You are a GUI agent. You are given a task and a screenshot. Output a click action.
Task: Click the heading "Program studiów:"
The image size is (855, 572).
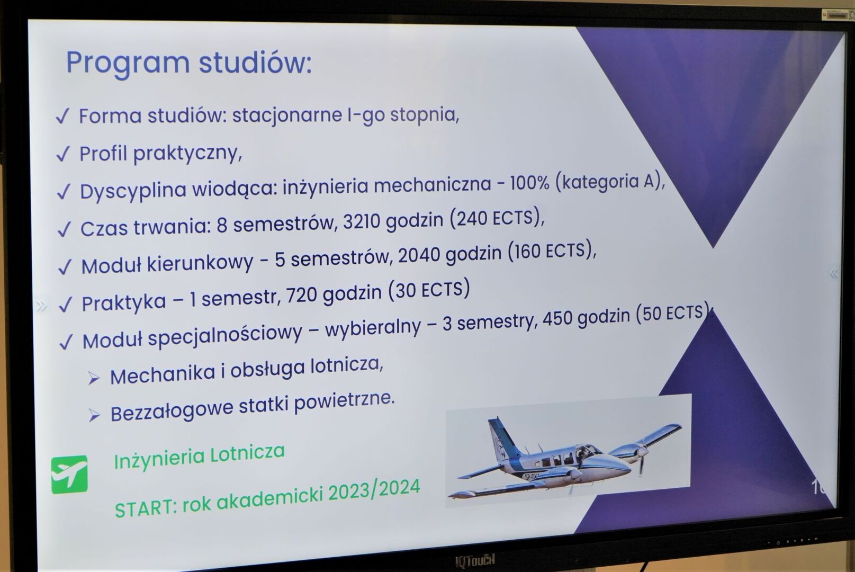(189, 62)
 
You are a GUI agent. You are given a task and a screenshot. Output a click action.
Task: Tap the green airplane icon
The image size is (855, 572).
(69, 474)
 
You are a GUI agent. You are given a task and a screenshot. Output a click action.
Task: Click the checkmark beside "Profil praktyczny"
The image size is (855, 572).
(63, 154)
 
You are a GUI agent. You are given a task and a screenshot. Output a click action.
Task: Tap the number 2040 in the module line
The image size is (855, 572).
(419, 255)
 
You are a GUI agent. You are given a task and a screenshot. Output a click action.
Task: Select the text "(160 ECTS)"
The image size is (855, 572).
(552, 251)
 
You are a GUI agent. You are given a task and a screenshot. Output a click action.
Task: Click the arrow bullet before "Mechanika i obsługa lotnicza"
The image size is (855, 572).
(94, 378)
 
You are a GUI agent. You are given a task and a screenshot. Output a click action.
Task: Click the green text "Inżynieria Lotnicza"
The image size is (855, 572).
(200, 456)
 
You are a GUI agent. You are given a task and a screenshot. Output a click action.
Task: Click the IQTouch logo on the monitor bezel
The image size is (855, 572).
(475, 560)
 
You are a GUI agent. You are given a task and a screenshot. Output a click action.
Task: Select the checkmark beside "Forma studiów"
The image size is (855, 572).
(62, 116)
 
